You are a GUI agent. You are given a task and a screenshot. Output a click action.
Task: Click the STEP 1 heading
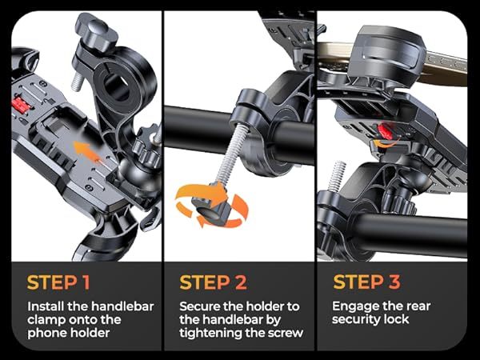58,282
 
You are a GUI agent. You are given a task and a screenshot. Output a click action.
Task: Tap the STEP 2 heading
213,282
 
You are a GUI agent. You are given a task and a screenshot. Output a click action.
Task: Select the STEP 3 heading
366,282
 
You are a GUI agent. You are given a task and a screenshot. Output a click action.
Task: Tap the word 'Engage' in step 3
352,306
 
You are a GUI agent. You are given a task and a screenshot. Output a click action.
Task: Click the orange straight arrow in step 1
86,152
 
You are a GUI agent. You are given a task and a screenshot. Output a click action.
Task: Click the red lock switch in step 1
21,105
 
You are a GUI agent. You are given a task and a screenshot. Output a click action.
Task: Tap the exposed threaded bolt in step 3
337,175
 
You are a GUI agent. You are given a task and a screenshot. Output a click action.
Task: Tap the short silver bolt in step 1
78,82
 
